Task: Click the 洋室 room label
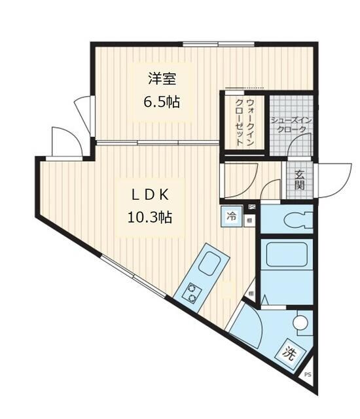pos(162,79)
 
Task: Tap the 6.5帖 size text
pos(162,103)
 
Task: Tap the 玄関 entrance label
pos(298,179)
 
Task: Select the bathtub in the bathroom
pos(287,256)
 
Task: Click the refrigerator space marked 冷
pos(232,215)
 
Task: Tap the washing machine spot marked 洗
pos(289,352)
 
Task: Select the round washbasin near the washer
pos(300,322)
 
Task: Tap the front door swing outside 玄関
pos(331,178)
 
